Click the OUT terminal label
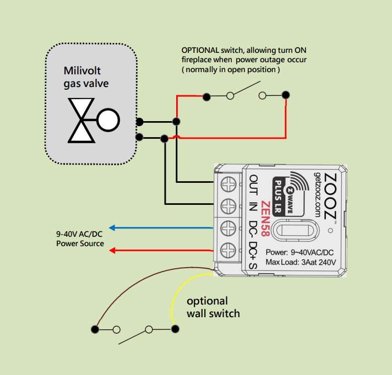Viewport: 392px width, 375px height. pos(253,185)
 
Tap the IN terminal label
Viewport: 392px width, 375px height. pos(253,206)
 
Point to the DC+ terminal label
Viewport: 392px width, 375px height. pos(253,251)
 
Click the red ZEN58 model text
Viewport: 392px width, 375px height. pos(265,219)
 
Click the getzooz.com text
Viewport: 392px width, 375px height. pos(317,194)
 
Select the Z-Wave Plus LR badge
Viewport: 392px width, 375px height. pos(287,194)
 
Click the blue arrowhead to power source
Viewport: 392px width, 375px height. pos(112,228)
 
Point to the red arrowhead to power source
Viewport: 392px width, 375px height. pos(112,250)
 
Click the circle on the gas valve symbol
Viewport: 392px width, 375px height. pos(108,120)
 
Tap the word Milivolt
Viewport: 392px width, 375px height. pos(82,70)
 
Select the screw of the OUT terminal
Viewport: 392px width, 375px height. pos(228,184)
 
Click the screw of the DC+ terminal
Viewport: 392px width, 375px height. pos(228,250)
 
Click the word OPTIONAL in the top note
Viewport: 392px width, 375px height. pos(200,50)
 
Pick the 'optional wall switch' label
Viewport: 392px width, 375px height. pos(213,307)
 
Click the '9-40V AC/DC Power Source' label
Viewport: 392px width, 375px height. pos(80,239)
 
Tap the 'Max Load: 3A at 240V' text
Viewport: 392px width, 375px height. pos(301,262)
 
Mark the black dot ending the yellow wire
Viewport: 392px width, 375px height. pos(175,329)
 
